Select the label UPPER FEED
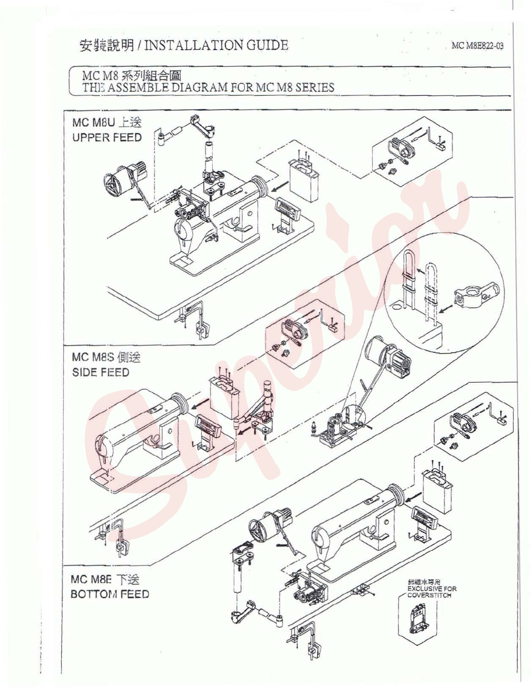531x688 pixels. tap(107, 137)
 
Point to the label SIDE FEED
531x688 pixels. tap(100, 372)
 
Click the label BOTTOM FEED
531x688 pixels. tap(110, 594)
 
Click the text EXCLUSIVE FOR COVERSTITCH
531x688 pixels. tap(431, 592)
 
